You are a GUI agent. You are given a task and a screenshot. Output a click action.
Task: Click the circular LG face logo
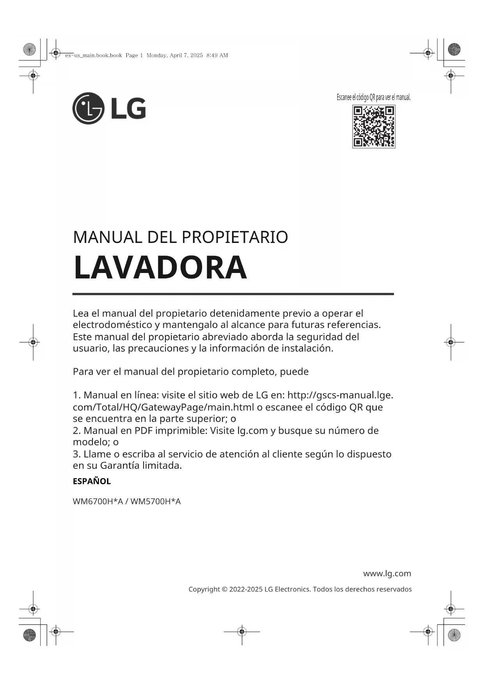(x=89, y=108)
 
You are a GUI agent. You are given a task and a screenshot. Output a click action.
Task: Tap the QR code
(x=374, y=126)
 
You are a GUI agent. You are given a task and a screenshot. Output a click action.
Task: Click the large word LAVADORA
(x=160, y=268)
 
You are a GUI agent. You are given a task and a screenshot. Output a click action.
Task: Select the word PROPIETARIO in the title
(x=235, y=237)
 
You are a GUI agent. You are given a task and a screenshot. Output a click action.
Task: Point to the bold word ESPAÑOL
(x=92, y=481)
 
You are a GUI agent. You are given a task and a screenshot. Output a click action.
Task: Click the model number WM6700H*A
(x=98, y=501)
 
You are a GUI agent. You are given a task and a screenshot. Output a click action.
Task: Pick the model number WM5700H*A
(x=155, y=501)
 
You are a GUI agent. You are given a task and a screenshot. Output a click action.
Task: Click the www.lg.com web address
(x=387, y=573)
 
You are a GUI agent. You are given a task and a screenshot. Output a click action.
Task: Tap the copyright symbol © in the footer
(x=224, y=589)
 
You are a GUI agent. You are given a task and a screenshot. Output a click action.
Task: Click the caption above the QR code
(x=374, y=97)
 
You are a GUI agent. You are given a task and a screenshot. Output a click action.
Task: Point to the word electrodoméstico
(x=112, y=325)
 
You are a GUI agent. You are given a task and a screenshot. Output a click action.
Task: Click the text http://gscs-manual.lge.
(x=340, y=395)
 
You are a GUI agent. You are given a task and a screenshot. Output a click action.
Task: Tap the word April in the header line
(x=176, y=55)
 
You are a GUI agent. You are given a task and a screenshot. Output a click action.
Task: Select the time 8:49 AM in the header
(x=217, y=55)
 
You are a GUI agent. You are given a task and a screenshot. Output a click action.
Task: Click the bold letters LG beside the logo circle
(x=129, y=108)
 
